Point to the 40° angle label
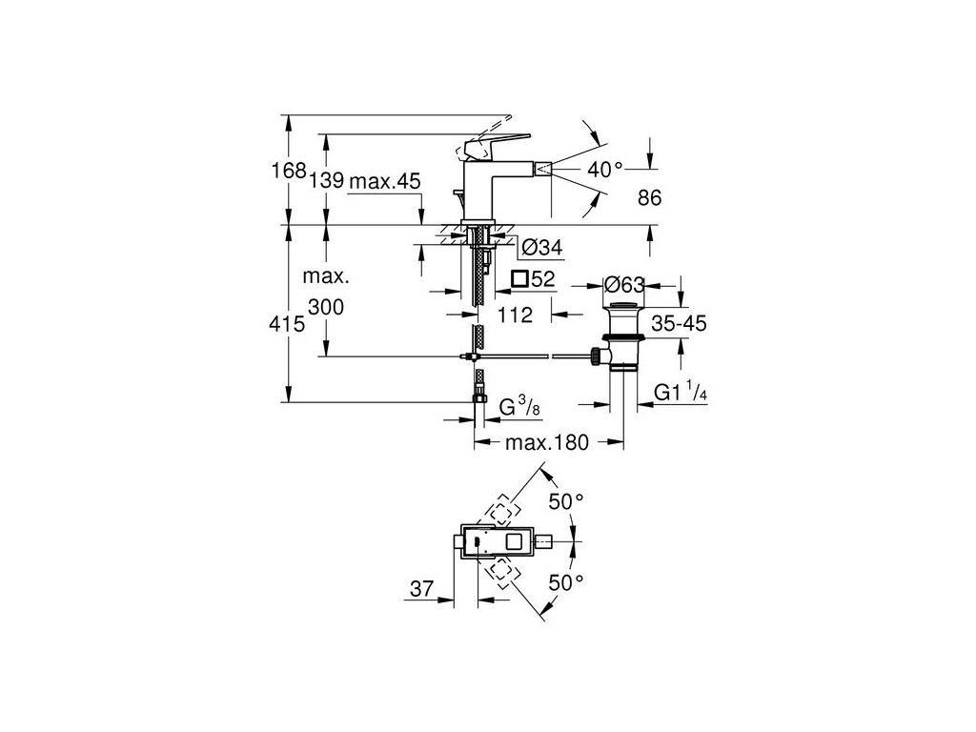point(604,169)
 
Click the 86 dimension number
point(649,197)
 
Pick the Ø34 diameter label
point(540,249)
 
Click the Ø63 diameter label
point(625,283)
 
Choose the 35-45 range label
point(679,324)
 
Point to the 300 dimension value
point(326,307)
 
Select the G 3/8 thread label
point(521,409)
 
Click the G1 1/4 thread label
point(680,393)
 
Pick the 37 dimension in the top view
point(420,591)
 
